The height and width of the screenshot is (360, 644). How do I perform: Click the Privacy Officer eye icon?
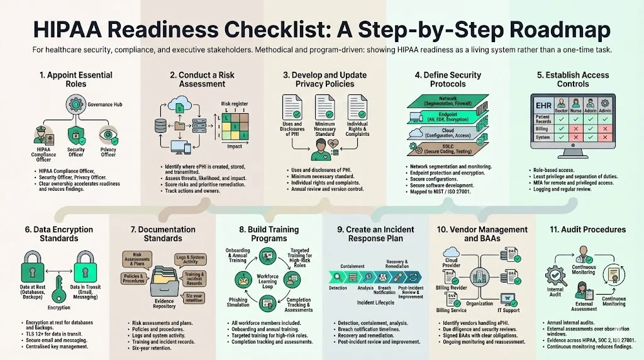tap(108, 134)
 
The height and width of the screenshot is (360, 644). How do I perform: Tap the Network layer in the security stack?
tap(448, 101)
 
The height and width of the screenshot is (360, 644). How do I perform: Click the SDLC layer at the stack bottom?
tap(448, 148)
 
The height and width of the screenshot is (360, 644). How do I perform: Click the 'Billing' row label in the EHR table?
tap(542, 128)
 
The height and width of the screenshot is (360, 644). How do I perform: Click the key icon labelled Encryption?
tap(58, 290)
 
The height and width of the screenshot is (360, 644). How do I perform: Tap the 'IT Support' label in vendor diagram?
tap(508, 310)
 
